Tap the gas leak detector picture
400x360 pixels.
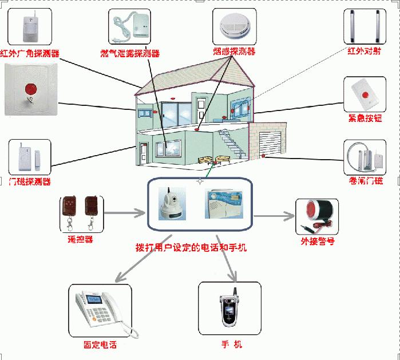coord(130,27)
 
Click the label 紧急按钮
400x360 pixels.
coord(365,118)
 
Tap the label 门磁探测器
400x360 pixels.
coord(30,182)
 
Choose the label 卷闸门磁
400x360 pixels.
coord(366,181)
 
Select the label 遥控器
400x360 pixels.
coord(80,240)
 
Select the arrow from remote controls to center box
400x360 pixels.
coord(124,213)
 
